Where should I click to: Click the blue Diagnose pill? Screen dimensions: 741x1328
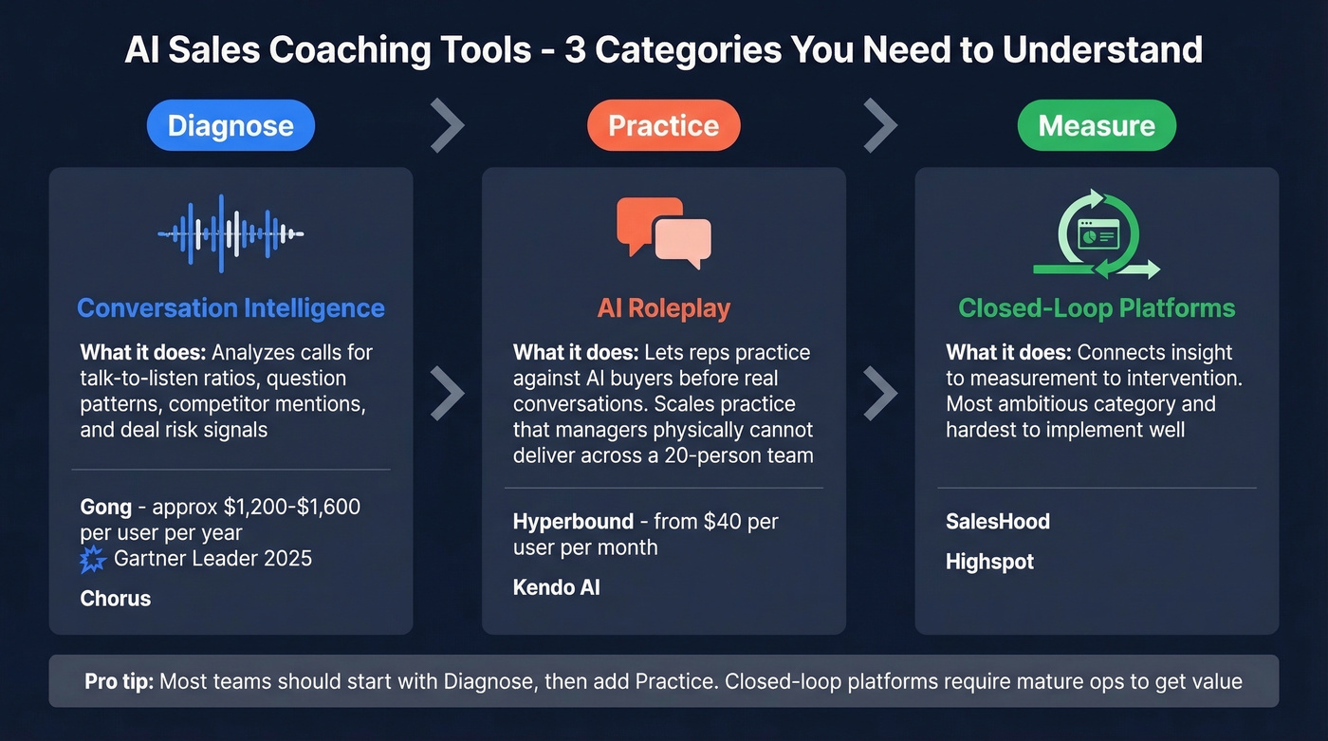[x=231, y=125]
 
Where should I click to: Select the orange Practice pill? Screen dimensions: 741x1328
[x=663, y=125]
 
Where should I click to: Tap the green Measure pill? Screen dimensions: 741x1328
[x=1097, y=125]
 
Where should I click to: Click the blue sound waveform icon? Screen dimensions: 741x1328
[x=231, y=232]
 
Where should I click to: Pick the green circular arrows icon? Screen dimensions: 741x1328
[x=1097, y=234]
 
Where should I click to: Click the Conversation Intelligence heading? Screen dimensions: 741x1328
[x=231, y=308]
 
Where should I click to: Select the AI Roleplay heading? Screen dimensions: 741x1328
[x=663, y=308]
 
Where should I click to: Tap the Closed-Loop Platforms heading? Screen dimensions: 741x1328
[x=1097, y=308]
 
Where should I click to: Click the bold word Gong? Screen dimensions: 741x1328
[x=105, y=507]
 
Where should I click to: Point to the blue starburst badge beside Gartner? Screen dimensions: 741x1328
[x=94, y=559]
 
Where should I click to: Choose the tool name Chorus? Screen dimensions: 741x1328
[x=116, y=599]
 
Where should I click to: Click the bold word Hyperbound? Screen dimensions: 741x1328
[x=573, y=522]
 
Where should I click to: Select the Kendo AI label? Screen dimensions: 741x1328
[x=556, y=587]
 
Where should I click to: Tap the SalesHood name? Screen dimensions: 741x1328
[x=998, y=522]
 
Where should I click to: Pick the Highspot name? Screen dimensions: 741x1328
[x=989, y=562]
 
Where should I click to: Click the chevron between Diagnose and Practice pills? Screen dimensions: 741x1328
[x=448, y=125]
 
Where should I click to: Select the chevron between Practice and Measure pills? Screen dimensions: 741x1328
[x=880, y=125]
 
